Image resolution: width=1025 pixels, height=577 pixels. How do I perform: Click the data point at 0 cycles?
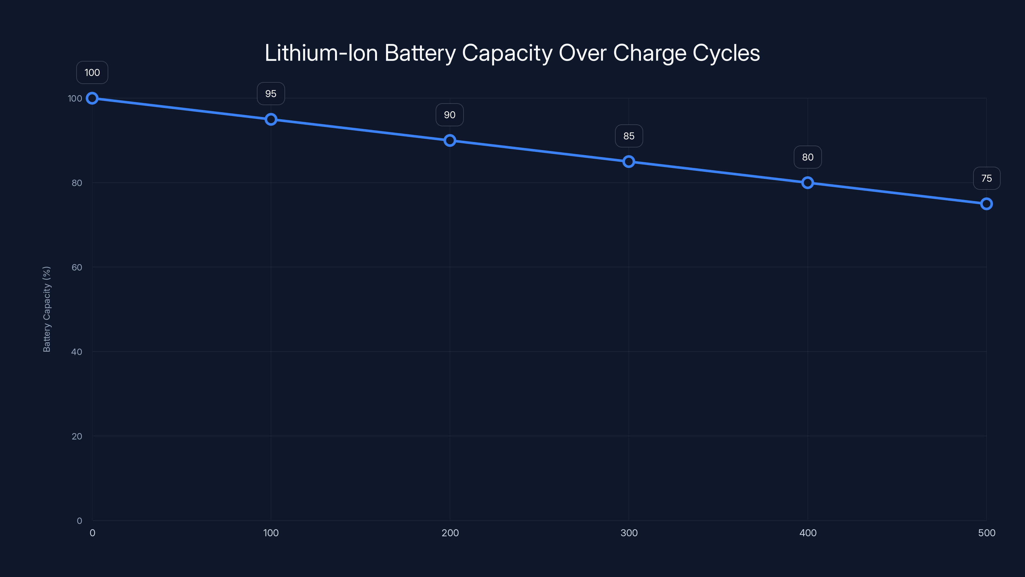92,98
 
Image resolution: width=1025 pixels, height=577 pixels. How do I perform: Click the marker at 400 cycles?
807,182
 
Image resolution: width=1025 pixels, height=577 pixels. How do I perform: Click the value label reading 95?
271,94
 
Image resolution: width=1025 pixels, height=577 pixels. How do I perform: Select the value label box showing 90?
450,115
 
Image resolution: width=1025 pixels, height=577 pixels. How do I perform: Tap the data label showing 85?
629,136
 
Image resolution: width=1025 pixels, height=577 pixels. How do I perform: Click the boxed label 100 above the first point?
92,72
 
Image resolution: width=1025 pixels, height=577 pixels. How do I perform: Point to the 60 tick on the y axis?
77,267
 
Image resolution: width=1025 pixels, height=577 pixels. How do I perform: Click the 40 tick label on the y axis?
77,352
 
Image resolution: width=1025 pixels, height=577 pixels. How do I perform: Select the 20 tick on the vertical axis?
77,436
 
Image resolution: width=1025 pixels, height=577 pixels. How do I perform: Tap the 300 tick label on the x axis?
629,533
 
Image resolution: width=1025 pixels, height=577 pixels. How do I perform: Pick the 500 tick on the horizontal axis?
987,533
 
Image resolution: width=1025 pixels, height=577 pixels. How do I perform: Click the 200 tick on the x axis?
450,533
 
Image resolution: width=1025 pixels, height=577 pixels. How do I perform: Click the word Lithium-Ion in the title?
321,53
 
